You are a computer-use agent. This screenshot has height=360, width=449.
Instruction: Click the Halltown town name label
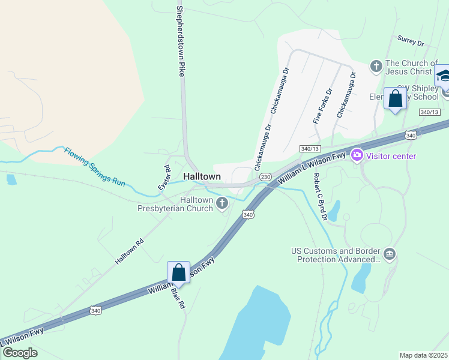(x=202, y=177)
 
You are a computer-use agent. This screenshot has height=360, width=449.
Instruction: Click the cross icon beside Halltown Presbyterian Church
(x=222, y=204)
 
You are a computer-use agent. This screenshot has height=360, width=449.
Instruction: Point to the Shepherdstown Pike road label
(x=179, y=41)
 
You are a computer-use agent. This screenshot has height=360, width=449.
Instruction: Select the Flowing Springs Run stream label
(x=94, y=166)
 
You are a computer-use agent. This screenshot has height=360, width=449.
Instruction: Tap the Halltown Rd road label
(x=130, y=253)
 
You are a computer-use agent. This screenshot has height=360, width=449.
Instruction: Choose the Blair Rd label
(x=178, y=296)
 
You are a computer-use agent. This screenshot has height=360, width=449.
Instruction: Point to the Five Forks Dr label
(x=322, y=107)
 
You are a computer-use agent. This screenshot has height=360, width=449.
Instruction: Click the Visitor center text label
(x=391, y=156)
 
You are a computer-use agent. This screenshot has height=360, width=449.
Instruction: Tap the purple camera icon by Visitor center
(x=357, y=156)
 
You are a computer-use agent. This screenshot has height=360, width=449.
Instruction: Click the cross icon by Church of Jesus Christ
(x=376, y=66)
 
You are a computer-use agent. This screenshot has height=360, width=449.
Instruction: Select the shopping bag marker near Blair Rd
(x=179, y=273)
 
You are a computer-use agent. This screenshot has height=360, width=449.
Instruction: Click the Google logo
(x=20, y=352)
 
